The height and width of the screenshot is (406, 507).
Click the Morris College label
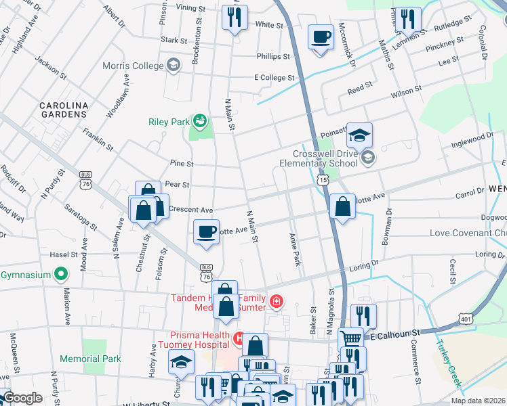click(132, 66)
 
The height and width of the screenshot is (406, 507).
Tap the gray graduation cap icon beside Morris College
click(174, 66)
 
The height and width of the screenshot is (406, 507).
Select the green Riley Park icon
click(200, 122)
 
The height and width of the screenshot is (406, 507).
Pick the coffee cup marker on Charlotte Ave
click(206, 231)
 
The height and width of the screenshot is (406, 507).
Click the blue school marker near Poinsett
click(360, 135)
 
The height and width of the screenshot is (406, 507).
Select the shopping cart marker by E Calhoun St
click(350, 338)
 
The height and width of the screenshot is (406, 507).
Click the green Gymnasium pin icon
click(61, 275)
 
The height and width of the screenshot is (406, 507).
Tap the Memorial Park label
click(89, 359)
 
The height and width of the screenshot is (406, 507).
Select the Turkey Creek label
click(449, 363)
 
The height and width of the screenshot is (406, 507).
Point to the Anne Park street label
click(294, 250)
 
